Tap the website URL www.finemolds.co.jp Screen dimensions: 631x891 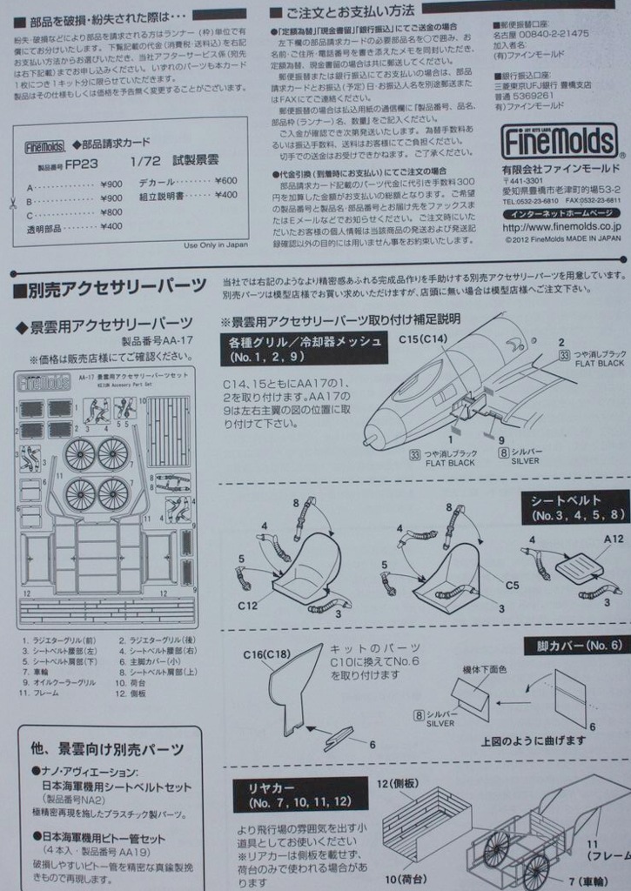(x=561, y=226)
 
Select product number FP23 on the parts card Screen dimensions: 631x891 (x=81, y=163)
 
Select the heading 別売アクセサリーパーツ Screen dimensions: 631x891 (x=110, y=287)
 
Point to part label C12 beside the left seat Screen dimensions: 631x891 (x=248, y=605)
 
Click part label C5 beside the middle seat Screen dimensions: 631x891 (x=512, y=585)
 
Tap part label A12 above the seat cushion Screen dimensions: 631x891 (x=614, y=539)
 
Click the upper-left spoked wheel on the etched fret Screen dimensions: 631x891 (x=80, y=454)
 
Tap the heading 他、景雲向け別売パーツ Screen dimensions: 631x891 (x=106, y=748)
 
